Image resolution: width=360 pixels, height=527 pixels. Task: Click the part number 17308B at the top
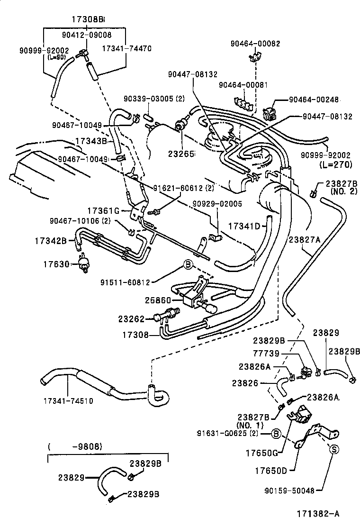tap(88, 19)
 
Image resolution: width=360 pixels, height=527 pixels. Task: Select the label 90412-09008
tap(87, 35)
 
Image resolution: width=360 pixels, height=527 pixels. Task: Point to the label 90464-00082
tap(255, 43)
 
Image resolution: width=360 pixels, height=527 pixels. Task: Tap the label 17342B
tap(50, 241)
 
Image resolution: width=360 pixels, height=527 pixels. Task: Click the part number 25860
tap(155, 300)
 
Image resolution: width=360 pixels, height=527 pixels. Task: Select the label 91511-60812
tap(125, 282)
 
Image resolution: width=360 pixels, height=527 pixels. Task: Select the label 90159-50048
tap(289, 491)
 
